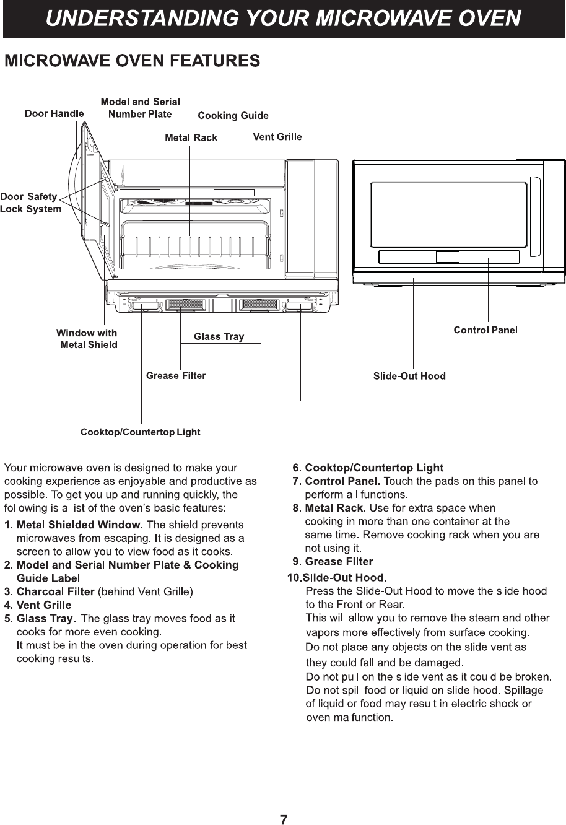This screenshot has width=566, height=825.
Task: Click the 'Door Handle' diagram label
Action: (54, 114)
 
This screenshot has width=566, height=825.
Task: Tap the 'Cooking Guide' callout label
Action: (233, 116)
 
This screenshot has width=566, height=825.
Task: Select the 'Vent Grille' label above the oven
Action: (277, 137)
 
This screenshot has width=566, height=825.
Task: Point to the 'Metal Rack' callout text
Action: (191, 137)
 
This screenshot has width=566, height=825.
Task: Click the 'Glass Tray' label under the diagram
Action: (219, 337)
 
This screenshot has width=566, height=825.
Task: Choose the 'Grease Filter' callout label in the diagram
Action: (176, 376)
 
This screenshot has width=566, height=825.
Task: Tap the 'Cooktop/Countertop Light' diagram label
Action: (141, 432)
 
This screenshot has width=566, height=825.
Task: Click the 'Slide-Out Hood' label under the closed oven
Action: (409, 377)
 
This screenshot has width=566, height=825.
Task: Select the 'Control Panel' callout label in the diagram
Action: (485, 330)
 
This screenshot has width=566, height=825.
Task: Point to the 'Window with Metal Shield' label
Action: (87, 339)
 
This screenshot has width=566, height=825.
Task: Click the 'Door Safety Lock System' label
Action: (30, 203)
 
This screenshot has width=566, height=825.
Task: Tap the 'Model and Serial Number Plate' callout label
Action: (141, 108)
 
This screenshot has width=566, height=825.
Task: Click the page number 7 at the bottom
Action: (283, 821)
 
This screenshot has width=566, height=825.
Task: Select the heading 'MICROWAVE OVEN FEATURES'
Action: (132, 61)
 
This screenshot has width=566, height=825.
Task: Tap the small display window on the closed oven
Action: (447, 257)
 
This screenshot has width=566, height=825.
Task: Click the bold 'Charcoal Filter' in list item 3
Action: (55, 592)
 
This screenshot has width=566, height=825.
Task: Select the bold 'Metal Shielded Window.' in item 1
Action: (80, 525)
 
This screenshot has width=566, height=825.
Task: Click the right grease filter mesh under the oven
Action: (259, 304)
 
